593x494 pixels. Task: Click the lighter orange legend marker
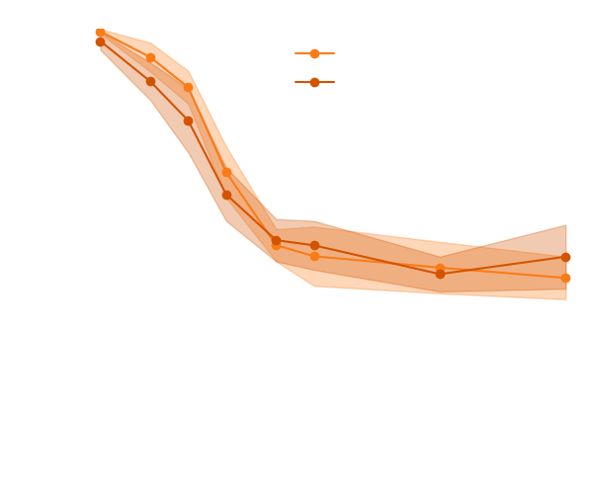click(314, 53)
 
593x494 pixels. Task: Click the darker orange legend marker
click(314, 82)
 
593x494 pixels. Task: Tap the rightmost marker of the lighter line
click(565, 279)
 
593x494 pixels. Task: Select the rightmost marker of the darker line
click(565, 257)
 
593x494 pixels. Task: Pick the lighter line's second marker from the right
click(440, 268)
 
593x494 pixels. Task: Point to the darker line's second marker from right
click(440, 274)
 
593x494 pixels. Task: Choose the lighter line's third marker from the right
click(314, 257)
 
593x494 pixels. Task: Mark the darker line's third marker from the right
click(314, 245)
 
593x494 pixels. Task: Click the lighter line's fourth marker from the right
click(277, 247)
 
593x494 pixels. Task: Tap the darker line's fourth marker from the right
click(277, 240)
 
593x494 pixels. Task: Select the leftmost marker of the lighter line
click(100, 33)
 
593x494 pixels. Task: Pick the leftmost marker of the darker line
click(100, 41)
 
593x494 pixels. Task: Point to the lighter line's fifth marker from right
click(227, 171)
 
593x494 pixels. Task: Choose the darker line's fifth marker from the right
click(227, 194)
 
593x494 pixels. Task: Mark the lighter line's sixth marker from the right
click(188, 89)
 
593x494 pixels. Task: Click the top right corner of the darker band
click(565, 225)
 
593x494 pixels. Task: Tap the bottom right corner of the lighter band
click(565, 299)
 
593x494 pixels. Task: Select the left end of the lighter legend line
click(296, 53)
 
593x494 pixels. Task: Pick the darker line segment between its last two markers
click(502, 265)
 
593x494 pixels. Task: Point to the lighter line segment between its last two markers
click(502, 273)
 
